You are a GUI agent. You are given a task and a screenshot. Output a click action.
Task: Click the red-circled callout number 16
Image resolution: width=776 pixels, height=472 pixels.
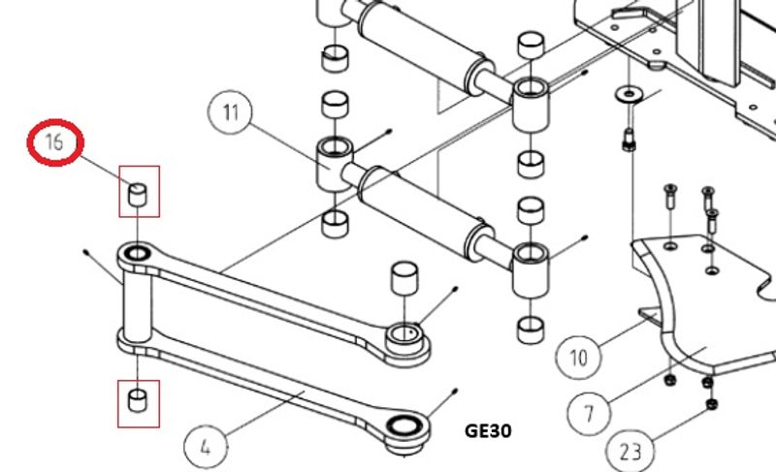(x=55, y=142)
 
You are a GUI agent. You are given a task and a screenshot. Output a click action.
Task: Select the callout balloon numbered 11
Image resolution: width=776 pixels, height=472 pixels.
(x=230, y=112)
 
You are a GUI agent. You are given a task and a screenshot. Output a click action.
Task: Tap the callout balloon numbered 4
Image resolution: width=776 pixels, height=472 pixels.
(x=206, y=447)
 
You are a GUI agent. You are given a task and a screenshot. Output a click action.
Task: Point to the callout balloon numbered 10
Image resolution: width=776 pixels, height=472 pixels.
(x=577, y=357)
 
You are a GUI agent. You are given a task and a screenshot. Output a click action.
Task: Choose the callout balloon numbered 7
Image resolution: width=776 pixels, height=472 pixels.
(x=589, y=412)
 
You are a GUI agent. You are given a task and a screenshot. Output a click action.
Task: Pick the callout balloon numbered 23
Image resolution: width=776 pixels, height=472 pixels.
(x=630, y=450)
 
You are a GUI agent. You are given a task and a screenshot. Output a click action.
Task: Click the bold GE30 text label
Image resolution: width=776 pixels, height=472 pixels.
(x=488, y=431)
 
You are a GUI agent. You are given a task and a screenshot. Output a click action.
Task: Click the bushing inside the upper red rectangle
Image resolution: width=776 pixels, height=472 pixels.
(x=138, y=194)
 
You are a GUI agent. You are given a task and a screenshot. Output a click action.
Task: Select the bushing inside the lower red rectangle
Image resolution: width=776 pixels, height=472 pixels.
(x=138, y=400)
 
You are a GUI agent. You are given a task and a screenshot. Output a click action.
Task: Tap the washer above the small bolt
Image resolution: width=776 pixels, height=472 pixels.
(x=629, y=93)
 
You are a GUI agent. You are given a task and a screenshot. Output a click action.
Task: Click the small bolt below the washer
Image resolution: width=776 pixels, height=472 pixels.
(x=629, y=140)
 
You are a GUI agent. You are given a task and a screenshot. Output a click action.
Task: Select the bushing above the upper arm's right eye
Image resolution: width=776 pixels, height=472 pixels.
(x=404, y=278)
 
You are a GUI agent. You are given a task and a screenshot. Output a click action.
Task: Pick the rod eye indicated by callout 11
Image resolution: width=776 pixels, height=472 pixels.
(x=335, y=163)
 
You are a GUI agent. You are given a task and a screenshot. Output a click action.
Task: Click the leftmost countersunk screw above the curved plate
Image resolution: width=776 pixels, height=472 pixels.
(x=670, y=196)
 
